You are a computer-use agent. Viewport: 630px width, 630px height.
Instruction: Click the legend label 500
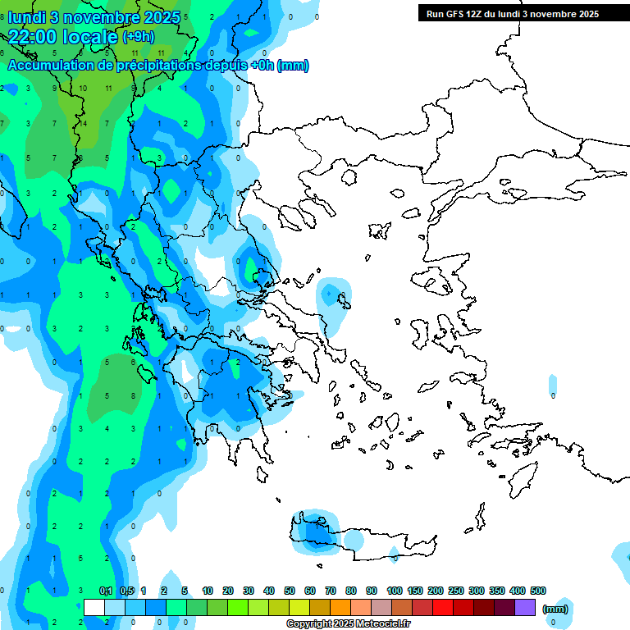[538, 591]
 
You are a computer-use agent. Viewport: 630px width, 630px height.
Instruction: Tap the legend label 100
[395, 591]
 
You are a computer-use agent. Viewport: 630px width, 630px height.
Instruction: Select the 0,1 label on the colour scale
[107, 591]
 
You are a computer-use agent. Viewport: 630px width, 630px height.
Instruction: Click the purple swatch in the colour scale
[525, 607]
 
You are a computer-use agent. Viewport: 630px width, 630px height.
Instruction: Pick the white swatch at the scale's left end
[94, 607]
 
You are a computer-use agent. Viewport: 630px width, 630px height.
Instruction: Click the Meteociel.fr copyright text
[348, 624]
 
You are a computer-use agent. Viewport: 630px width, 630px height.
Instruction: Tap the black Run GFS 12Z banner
[512, 13]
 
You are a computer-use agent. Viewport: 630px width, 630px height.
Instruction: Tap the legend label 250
[456, 591]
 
